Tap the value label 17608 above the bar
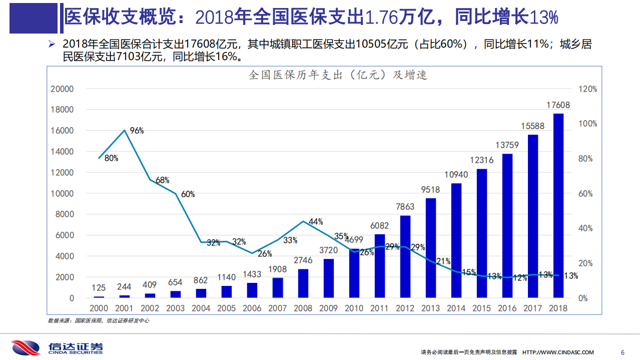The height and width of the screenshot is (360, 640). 558,105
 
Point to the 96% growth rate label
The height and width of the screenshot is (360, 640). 137,131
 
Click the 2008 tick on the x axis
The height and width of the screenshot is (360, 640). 303,308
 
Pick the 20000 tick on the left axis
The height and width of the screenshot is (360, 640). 62,89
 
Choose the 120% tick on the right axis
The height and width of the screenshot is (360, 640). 587,89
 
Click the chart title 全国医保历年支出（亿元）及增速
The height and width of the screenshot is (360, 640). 338,75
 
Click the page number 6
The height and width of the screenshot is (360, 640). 622,352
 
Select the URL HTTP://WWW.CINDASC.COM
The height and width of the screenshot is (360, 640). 558,352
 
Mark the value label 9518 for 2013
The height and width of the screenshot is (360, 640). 431,189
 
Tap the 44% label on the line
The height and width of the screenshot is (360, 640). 316,221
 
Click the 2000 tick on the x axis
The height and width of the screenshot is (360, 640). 99,308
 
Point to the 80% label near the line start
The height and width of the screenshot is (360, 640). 111,158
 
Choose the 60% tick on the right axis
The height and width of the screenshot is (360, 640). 587,194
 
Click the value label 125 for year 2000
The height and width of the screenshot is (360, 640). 99,288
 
